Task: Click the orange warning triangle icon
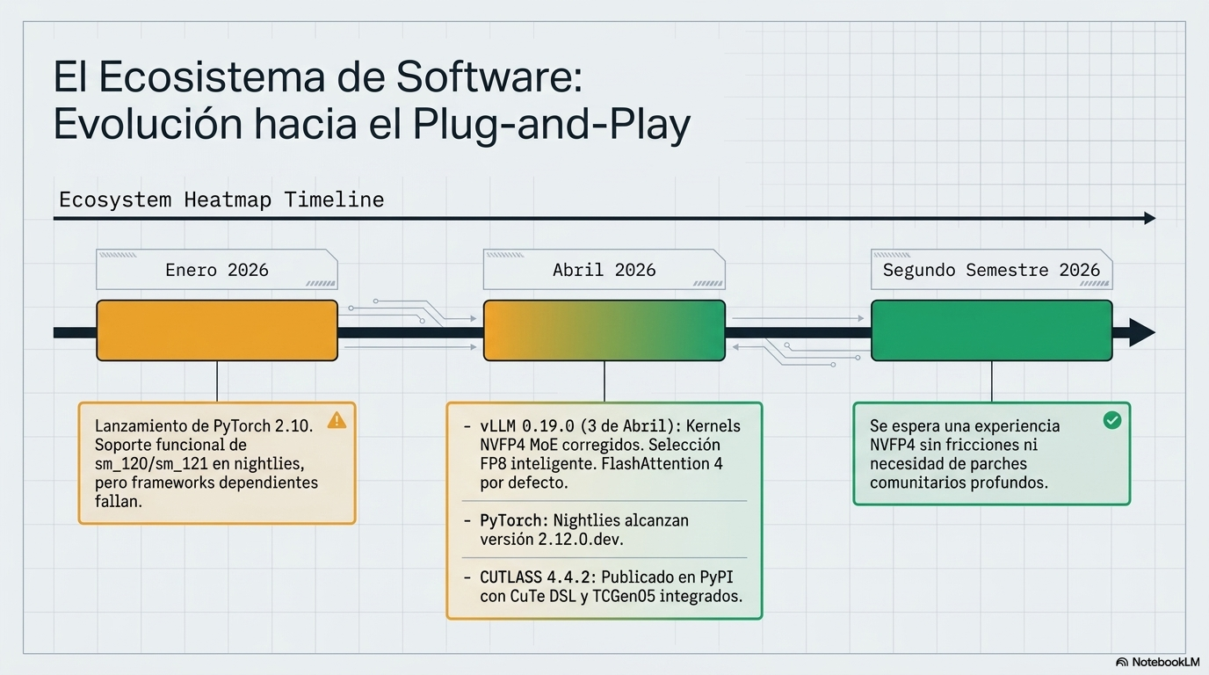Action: [x=337, y=420]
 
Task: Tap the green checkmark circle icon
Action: [x=1111, y=420]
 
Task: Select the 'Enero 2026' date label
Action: [x=217, y=270]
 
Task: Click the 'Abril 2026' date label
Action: [x=604, y=270]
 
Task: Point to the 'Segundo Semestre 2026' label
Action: [x=991, y=270]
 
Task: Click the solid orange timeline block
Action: [x=217, y=330]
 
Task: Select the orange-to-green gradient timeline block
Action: [x=604, y=330]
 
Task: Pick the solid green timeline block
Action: [x=991, y=330]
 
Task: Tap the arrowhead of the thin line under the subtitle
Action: [x=1150, y=218]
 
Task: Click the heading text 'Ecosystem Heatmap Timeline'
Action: [x=221, y=200]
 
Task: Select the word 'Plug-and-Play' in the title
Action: [x=551, y=125]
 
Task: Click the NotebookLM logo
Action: [x=1157, y=662]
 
